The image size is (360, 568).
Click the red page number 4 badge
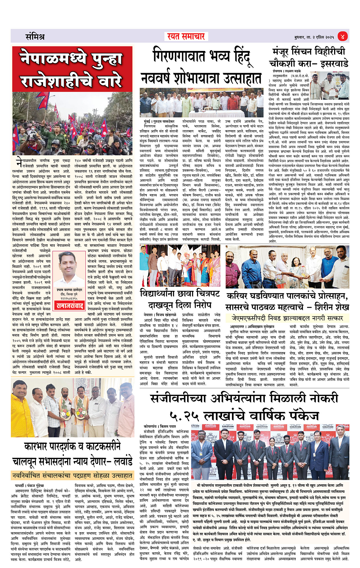[x=342, y=37]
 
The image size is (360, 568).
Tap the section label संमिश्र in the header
[x=35, y=37]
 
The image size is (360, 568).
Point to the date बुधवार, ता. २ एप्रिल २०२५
[x=314, y=37]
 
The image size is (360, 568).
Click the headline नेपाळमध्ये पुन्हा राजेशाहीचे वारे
[x=72, y=70]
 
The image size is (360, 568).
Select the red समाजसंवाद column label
[x=70, y=306]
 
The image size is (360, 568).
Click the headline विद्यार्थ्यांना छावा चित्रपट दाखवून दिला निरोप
[x=180, y=300]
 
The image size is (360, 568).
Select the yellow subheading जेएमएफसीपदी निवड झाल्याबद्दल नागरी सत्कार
[x=287, y=318]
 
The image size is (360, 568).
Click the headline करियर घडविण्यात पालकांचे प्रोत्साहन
[x=287, y=296]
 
